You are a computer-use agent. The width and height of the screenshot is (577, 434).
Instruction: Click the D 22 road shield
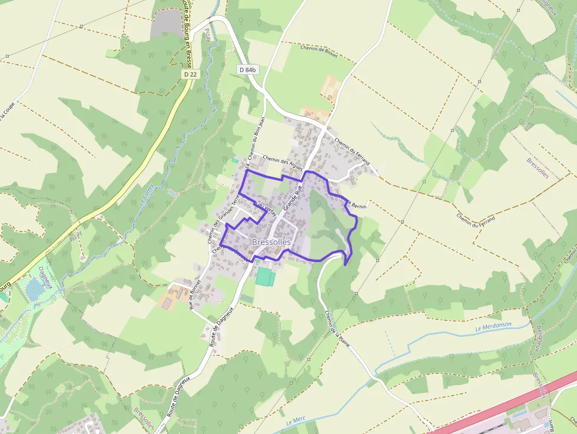189,74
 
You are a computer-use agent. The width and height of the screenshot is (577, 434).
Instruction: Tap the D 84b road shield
248,69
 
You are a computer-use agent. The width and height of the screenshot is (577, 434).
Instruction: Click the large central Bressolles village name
271,242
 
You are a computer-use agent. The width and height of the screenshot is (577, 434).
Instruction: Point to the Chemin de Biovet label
319,52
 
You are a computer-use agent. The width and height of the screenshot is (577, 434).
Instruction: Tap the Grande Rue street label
292,198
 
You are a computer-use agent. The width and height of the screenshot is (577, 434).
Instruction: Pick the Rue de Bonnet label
195,294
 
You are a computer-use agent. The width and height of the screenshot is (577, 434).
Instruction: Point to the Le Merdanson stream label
493,326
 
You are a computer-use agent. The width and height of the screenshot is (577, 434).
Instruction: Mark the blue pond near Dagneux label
35,289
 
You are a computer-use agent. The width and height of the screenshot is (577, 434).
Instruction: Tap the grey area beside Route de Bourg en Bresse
166,23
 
